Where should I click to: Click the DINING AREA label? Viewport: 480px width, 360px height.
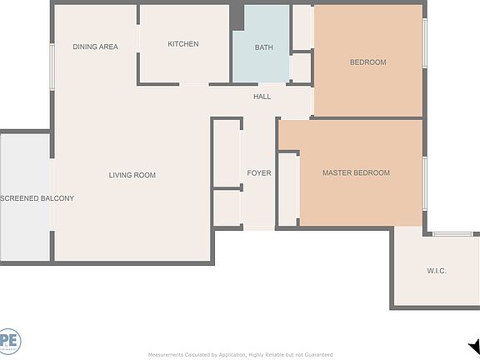click(95, 47)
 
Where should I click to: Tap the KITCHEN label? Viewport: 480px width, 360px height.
click(183, 44)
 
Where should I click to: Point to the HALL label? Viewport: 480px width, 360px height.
click(262, 97)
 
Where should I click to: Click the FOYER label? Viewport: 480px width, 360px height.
click(259, 173)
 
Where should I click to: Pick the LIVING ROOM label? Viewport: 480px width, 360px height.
click(132, 175)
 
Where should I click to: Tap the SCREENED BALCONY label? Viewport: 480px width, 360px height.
click(37, 198)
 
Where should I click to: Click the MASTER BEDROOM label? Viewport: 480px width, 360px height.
click(356, 173)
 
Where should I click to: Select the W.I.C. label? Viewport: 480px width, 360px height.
click(437, 271)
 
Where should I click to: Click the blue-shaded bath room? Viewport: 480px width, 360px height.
click(260, 33)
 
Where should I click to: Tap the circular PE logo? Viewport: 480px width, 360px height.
click(9, 342)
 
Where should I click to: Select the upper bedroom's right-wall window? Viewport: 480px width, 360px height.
click(424, 42)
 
